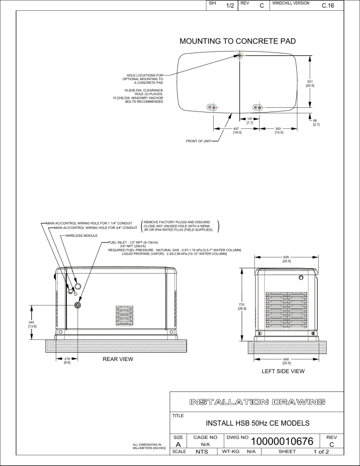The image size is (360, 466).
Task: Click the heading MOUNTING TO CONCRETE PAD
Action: click(238, 41)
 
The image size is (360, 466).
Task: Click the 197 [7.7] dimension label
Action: click(250, 121)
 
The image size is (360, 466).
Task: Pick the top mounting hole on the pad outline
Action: click(240, 56)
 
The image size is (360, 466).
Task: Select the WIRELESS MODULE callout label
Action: click(82, 235)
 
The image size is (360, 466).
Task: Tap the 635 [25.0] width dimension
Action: click(286, 259)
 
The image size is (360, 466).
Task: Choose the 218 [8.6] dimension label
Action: click(67, 361)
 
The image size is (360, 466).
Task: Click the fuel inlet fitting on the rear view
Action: click(78, 305)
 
